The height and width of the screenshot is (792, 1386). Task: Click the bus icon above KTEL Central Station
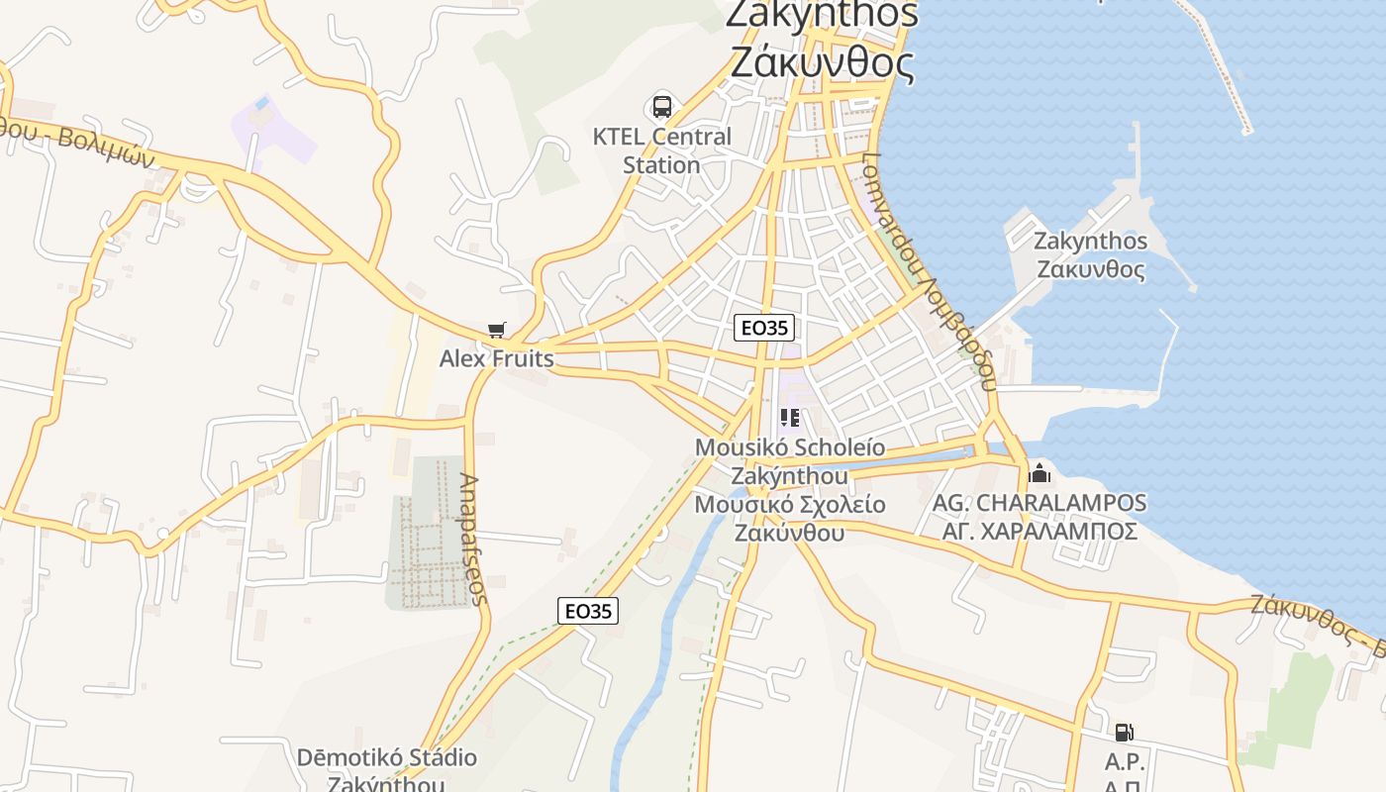[x=662, y=106]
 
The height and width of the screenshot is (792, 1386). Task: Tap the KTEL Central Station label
[x=662, y=150]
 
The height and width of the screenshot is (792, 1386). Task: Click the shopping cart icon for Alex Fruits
[x=497, y=330]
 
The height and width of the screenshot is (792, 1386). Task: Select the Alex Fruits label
[x=497, y=357]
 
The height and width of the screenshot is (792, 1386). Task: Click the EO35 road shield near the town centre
[x=764, y=328]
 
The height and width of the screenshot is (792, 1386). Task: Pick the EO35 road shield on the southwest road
[x=588, y=611]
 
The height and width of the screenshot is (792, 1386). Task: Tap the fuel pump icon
[x=1124, y=733]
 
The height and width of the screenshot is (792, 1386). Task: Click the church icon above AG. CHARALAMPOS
[x=1039, y=472]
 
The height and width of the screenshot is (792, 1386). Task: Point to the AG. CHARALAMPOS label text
[x=1039, y=503]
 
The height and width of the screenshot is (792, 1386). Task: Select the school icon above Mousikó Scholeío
[x=789, y=418]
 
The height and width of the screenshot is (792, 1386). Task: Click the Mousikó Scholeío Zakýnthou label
[x=789, y=461]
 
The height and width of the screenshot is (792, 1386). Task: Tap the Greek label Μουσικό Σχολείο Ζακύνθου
[x=789, y=518]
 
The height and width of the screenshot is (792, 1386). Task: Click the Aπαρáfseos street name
[x=473, y=539]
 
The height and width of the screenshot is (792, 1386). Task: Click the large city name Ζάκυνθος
[x=823, y=62]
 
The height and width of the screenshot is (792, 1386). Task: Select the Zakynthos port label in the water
[x=1090, y=255]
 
